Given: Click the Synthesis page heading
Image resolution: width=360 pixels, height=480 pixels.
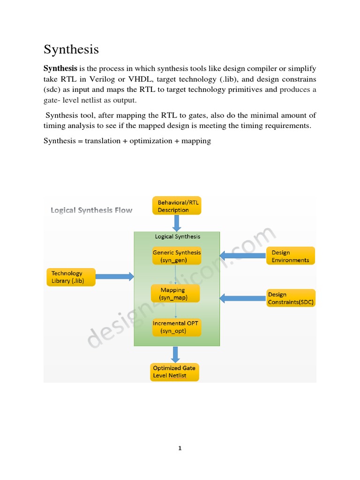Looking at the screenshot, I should click(71, 49).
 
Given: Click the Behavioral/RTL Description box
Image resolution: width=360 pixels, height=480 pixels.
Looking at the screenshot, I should click(177, 206).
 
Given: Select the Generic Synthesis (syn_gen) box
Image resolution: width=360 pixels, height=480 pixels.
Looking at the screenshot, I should click(177, 256).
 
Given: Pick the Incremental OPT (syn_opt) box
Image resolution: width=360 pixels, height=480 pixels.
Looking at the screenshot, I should click(177, 327).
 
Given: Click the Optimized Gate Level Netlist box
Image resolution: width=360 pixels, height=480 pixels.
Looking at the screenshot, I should click(174, 372).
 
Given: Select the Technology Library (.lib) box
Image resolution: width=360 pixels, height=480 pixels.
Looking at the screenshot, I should click(71, 277).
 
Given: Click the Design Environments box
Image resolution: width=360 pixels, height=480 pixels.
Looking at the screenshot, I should click(291, 256).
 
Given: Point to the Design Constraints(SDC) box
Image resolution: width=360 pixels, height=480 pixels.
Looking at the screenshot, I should click(291, 298).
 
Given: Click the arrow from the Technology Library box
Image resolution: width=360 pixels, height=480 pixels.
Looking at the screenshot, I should click(115, 277).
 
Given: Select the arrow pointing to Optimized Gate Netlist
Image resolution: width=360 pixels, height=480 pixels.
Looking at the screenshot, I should click(175, 354).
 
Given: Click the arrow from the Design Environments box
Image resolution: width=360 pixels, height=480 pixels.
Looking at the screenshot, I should click(242, 256).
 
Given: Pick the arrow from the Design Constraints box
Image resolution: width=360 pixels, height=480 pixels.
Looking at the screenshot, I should click(242, 298).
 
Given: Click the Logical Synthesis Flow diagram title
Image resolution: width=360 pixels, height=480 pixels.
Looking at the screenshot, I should click(91, 210).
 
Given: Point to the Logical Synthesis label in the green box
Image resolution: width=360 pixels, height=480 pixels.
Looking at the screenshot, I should click(177, 237).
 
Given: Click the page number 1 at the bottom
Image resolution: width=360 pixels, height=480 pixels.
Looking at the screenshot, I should click(180, 448).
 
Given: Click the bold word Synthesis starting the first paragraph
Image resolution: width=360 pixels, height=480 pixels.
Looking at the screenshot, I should click(60, 68).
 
